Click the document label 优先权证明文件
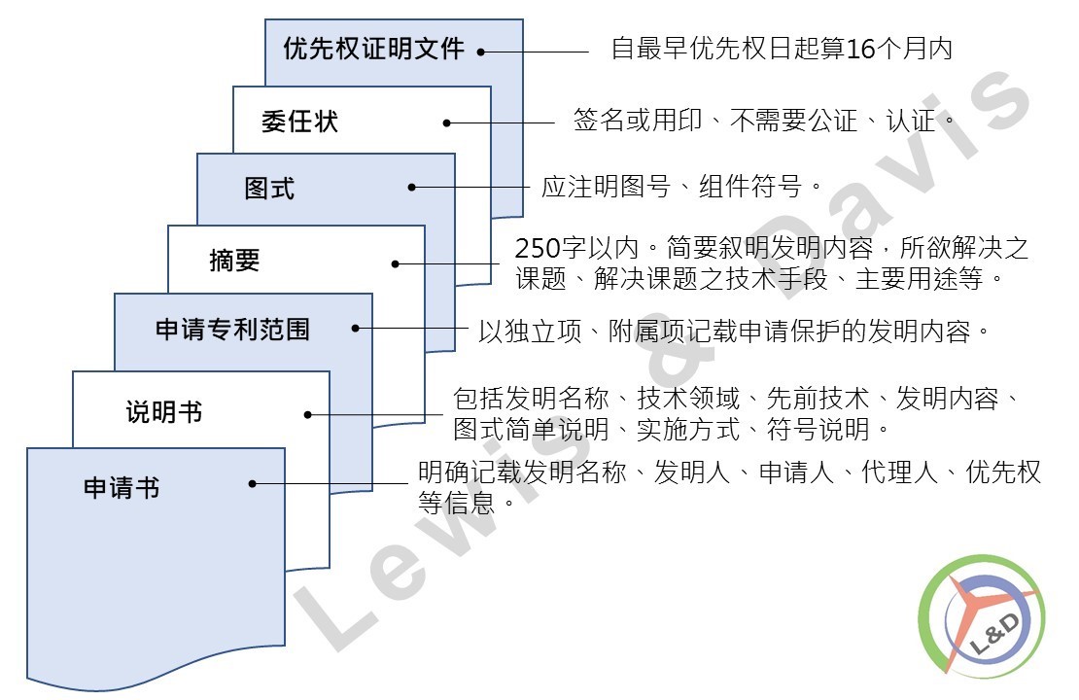tap(373, 49)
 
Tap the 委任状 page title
tap(300, 122)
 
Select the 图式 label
tap(269, 188)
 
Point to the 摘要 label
tap(234, 261)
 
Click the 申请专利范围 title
tap(232, 329)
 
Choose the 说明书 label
tap(163, 411)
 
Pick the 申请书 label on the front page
tap(122, 487)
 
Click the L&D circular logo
tap(982, 616)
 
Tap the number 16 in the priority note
tap(860, 49)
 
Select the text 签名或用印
tap(638, 121)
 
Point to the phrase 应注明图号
tap(606, 187)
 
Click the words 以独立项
tap(530, 332)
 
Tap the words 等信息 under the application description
tap(457, 504)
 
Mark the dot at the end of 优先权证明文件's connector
tap(481, 52)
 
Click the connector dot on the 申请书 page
tap(253, 484)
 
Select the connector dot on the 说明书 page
tap(307, 414)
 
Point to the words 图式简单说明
tap(531, 430)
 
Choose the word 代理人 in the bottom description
tap(899, 472)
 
